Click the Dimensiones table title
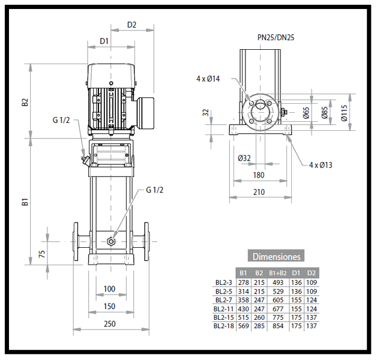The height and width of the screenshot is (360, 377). (277, 256)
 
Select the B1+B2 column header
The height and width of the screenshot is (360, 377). (277, 273)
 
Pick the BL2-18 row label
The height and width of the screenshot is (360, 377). (223, 326)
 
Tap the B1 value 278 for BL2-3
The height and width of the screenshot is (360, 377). (243, 281)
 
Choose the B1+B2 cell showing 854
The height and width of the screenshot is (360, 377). (277, 326)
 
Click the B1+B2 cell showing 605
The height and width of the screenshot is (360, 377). (277, 299)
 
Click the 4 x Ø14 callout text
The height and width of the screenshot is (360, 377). (208, 79)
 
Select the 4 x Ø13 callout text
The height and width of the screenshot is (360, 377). (321, 164)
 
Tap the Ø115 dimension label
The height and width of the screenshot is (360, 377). (345, 112)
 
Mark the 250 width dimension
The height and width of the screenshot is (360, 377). (109, 325)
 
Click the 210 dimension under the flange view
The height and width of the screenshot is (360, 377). (259, 192)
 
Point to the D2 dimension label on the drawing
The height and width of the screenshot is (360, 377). (131, 25)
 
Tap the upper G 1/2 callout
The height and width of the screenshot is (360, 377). (61, 120)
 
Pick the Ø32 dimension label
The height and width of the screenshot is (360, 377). (244, 158)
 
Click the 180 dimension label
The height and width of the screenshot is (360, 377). (259, 175)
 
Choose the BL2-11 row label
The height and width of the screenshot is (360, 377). (223, 308)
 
